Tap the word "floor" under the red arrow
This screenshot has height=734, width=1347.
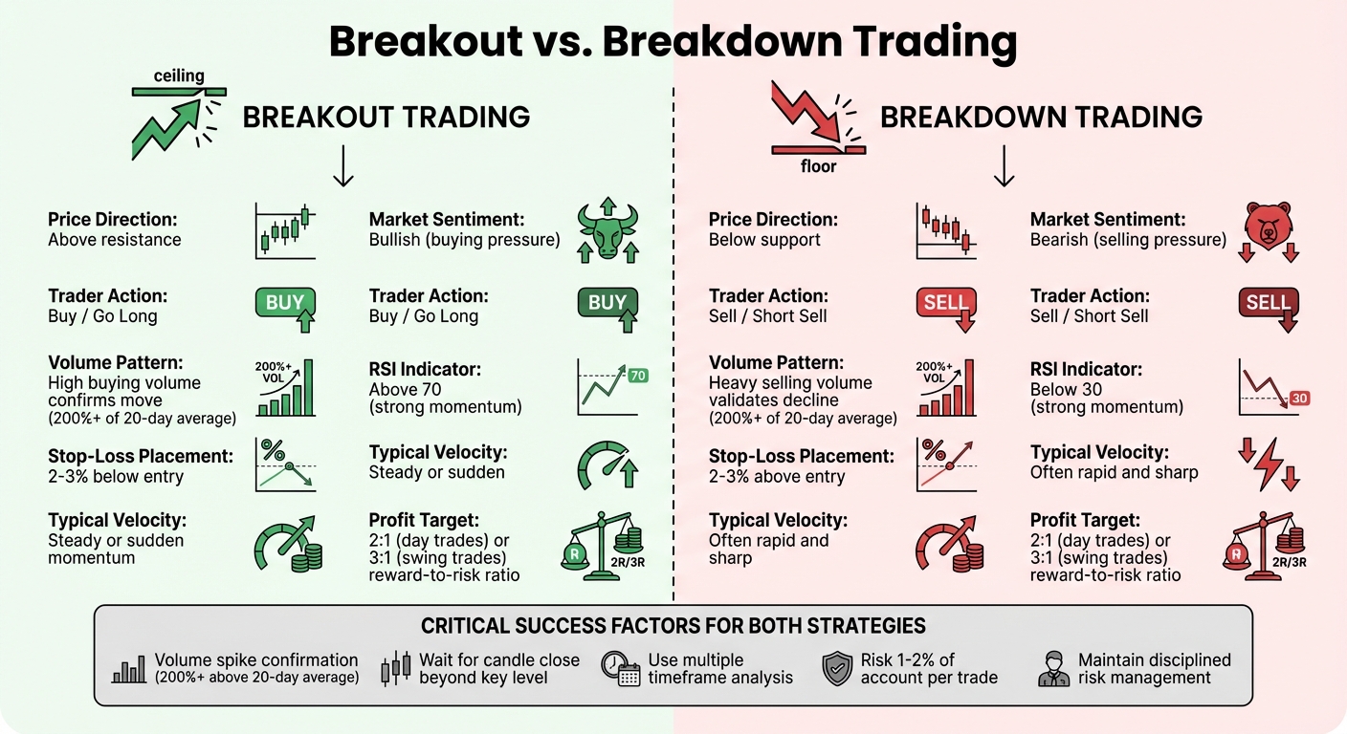(x=818, y=166)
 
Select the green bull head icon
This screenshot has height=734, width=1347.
(x=608, y=231)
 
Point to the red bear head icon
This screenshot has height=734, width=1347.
(x=1269, y=226)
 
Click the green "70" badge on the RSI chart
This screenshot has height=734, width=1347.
(x=638, y=376)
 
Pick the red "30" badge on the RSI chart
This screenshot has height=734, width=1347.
(x=1299, y=398)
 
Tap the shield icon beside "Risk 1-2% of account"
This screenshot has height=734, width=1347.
(x=837, y=669)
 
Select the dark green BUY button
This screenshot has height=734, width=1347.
(x=607, y=304)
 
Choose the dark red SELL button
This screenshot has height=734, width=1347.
(x=1268, y=304)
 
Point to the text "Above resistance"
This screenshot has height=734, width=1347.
(x=114, y=240)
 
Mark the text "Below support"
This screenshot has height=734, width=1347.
(x=764, y=240)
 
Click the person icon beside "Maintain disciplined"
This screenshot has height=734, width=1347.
(x=1053, y=669)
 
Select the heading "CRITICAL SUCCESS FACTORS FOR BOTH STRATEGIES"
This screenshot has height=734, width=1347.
(x=673, y=627)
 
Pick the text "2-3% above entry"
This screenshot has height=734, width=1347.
(x=777, y=476)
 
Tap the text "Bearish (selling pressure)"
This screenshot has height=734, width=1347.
(x=1128, y=240)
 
